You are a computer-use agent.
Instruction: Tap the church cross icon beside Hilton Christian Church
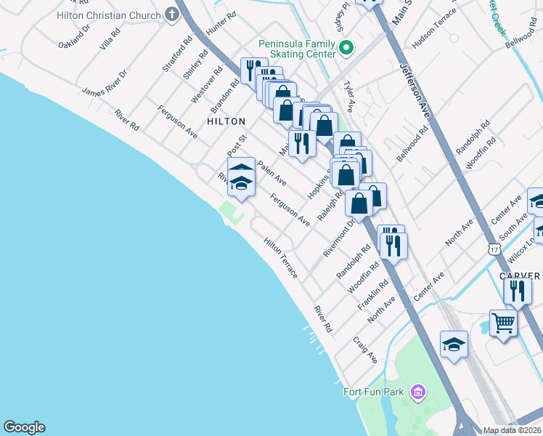[x=171, y=14]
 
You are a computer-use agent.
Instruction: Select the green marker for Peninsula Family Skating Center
[x=346, y=49]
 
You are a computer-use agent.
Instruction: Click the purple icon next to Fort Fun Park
[x=417, y=393]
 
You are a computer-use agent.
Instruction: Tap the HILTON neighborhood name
[x=226, y=121]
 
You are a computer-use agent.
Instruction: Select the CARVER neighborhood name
[x=520, y=276]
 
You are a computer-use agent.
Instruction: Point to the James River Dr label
[x=105, y=83]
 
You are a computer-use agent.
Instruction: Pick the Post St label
[x=237, y=143]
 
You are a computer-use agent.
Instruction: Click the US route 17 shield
[x=494, y=249]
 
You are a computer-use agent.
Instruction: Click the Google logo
[x=24, y=427]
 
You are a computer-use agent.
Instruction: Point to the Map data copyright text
[x=511, y=430]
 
